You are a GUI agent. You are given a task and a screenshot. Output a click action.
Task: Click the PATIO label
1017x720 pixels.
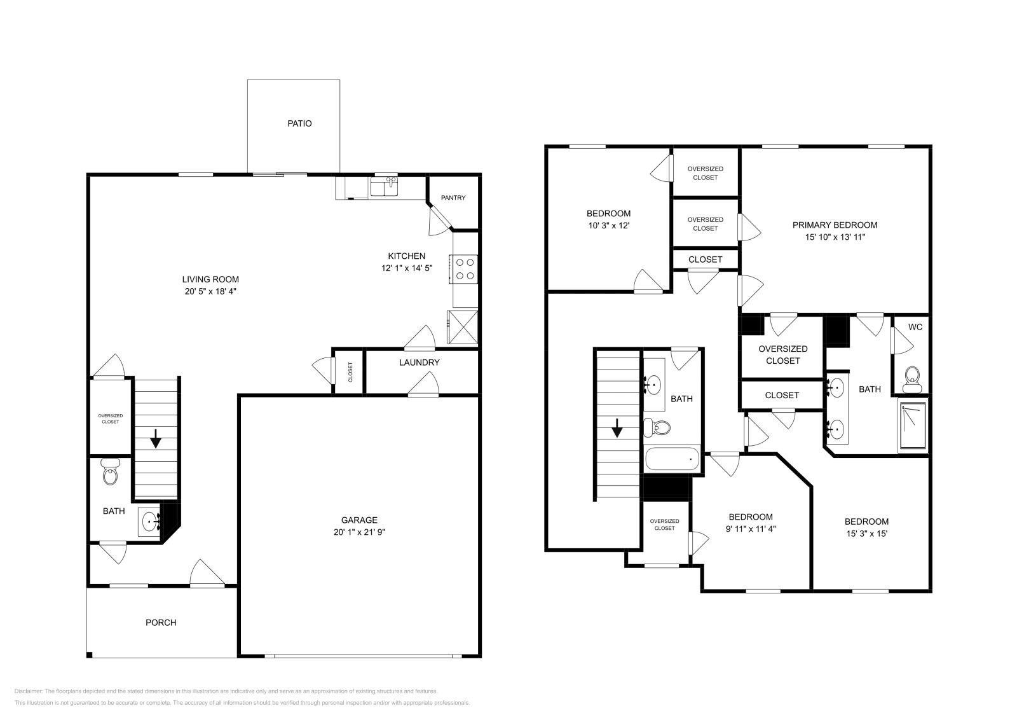[x=299, y=123]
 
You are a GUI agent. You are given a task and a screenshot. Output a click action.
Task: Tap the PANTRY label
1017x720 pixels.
[x=453, y=198]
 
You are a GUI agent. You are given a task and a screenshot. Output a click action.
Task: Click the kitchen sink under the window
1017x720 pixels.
[x=385, y=187]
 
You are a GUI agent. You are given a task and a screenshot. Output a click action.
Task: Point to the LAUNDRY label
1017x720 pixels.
[x=420, y=363]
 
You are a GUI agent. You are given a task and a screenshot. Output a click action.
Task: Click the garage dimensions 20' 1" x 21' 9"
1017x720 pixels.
[x=359, y=532]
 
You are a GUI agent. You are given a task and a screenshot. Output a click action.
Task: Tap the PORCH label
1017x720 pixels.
[x=161, y=623]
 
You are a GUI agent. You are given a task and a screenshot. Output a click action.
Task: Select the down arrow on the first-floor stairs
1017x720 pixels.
[x=155, y=438]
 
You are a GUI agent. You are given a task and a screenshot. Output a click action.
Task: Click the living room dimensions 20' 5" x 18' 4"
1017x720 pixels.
[x=210, y=291]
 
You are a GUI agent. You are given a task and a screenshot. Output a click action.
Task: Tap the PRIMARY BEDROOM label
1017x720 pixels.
[x=835, y=225]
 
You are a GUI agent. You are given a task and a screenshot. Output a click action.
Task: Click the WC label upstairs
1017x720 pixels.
[x=915, y=327]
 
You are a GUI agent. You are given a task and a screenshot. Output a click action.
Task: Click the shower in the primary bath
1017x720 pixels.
[x=913, y=425]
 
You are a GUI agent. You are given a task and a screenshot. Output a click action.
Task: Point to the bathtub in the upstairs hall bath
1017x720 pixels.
[x=672, y=459]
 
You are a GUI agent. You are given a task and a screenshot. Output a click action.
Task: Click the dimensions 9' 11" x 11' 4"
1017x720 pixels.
[x=750, y=528]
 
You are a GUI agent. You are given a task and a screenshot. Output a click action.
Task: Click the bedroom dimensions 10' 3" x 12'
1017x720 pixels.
[x=608, y=225]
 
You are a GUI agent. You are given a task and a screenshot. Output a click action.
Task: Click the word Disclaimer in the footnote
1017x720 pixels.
[x=27, y=691]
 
